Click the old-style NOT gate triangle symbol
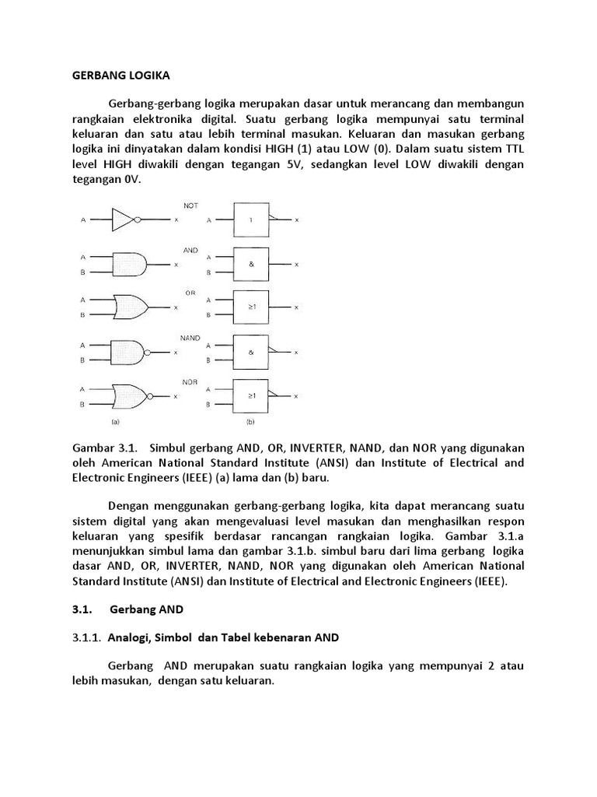[x=123, y=220]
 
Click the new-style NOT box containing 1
[x=250, y=220]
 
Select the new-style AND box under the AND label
[x=250, y=265]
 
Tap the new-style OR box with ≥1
[x=250, y=307]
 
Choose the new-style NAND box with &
[x=250, y=352]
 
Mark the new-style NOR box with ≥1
[x=250, y=395]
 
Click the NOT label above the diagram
[x=190, y=205]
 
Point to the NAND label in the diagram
[x=190, y=338]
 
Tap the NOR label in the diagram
[x=190, y=382]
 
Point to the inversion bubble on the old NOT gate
[x=138, y=220]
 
